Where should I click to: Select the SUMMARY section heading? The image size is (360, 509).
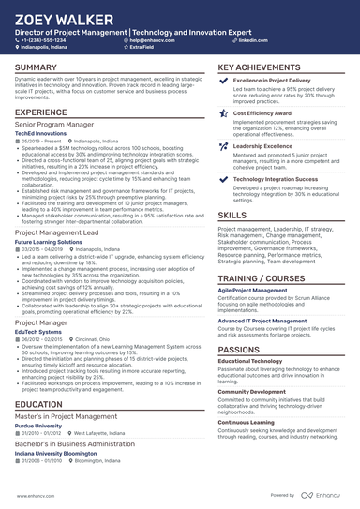[x=36, y=68]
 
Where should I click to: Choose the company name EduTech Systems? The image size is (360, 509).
[x=38, y=331]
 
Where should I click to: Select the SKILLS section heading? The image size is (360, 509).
[x=232, y=215]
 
